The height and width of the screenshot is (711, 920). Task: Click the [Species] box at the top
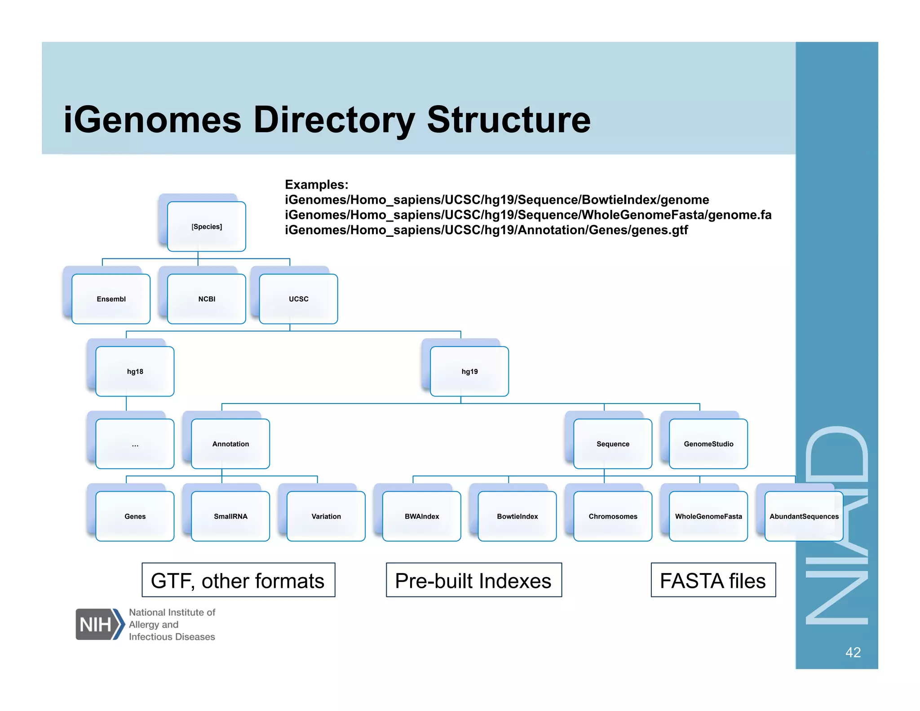[x=207, y=227]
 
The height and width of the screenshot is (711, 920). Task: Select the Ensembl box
[x=111, y=299]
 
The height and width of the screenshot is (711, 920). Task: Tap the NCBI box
[x=207, y=299]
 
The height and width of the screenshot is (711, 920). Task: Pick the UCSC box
[x=298, y=299]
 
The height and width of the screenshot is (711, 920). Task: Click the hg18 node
[x=135, y=371]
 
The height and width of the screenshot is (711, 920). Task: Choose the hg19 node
[x=469, y=371]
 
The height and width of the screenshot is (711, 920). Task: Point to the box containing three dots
[x=135, y=444]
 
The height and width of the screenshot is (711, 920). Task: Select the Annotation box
[x=230, y=444]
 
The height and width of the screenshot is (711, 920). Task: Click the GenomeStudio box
[x=708, y=444]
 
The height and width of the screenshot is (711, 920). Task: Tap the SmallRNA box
[x=230, y=516]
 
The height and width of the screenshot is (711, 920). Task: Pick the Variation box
[x=326, y=516]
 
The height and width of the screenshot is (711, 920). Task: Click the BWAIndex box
[x=422, y=516]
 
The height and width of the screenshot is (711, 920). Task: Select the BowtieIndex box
[x=517, y=516]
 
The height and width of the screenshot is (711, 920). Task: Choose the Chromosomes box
[x=613, y=516]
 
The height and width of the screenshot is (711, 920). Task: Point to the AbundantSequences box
[x=804, y=516]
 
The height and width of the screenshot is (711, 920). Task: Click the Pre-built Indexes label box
[x=473, y=580]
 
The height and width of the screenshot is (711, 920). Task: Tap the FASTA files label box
[x=713, y=580]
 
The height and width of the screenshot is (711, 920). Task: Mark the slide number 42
[x=853, y=652]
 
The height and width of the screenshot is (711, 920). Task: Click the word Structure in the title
[x=509, y=120]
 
